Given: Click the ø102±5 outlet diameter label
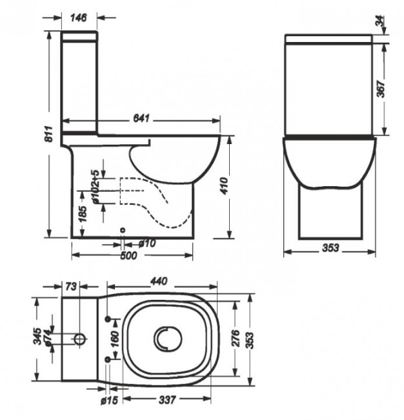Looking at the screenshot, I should click(95, 188).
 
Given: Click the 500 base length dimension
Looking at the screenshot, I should click(129, 257).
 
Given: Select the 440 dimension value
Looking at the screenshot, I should click(158, 281).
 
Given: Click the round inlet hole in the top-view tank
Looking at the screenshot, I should click(79, 339).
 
